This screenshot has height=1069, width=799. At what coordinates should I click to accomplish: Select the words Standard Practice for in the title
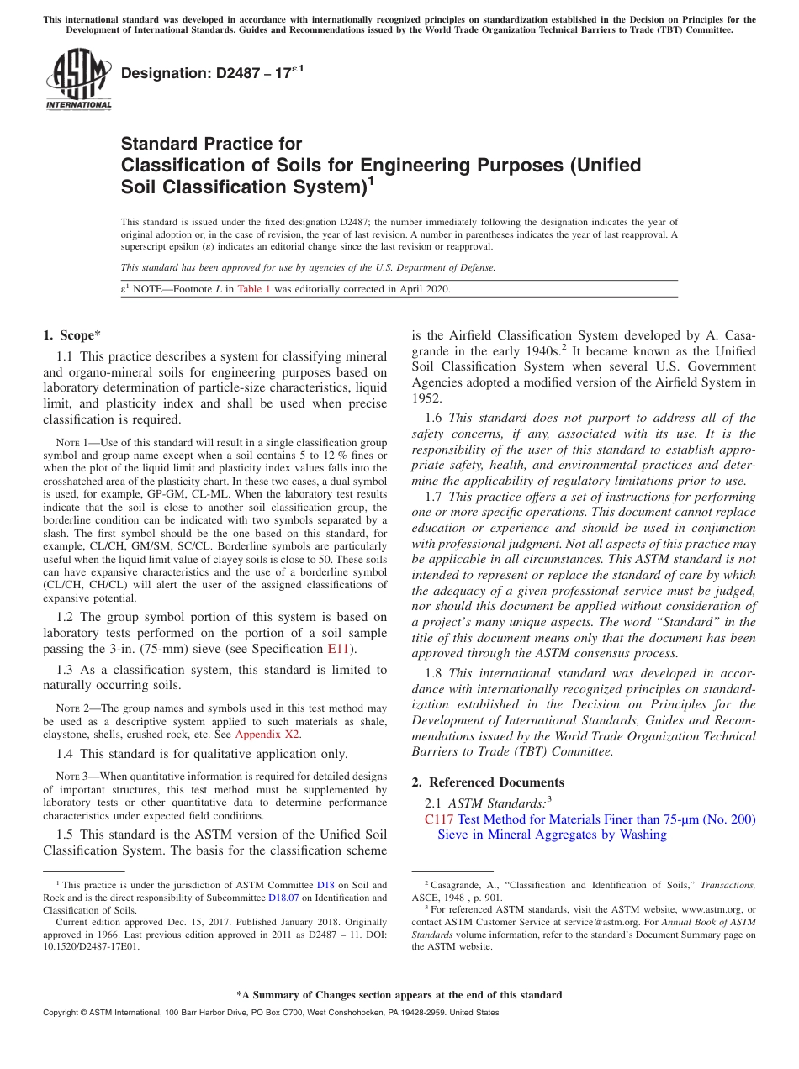click(211, 144)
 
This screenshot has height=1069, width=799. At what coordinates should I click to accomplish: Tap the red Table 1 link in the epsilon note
click(254, 289)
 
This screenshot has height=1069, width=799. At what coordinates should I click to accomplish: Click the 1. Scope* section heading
click(72, 334)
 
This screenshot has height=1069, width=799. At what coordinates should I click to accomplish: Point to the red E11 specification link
click(337, 649)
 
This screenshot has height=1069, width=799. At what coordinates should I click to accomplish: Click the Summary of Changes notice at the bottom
click(399, 995)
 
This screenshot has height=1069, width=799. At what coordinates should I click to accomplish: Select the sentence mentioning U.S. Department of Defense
click(308, 267)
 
